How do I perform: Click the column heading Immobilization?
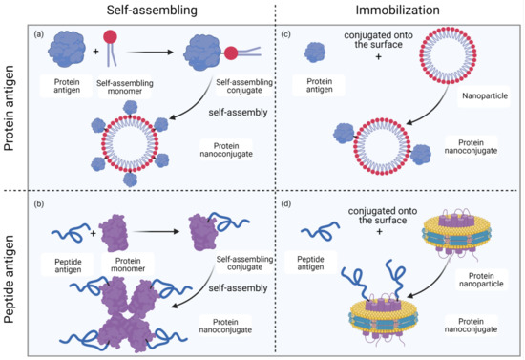(x=393, y=12)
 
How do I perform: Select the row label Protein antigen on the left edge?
(x=14, y=95)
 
